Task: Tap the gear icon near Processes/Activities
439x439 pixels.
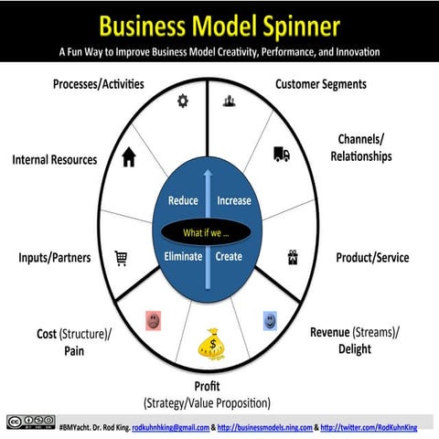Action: tap(182, 102)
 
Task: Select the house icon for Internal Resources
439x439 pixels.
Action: tap(129, 157)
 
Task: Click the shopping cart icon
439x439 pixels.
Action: tap(121, 259)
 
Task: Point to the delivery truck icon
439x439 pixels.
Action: tap(282, 155)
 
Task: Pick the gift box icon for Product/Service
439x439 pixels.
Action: tap(294, 258)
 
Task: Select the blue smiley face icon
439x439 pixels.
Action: tap(271, 320)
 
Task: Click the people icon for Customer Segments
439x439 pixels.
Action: tap(230, 102)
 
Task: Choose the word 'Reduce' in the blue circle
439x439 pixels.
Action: tap(184, 201)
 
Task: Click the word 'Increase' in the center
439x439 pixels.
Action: tap(233, 201)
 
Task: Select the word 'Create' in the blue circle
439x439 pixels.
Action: tap(229, 256)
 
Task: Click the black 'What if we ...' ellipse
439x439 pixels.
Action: tap(206, 232)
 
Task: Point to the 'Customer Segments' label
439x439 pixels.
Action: tap(321, 84)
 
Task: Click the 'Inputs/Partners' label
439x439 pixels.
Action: tap(55, 258)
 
